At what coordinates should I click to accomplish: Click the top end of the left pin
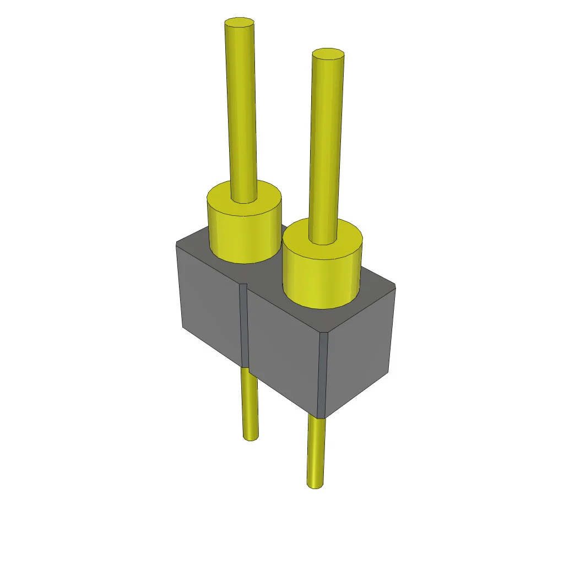[x=240, y=23]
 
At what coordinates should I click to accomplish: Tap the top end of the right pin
[x=328, y=53]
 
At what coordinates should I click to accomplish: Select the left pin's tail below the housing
[x=250, y=402]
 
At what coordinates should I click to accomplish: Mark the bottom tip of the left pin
[x=251, y=438]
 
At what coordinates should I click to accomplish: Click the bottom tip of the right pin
[x=314, y=485]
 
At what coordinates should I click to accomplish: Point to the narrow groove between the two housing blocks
[x=244, y=325]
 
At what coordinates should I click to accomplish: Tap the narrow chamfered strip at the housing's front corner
[x=323, y=375]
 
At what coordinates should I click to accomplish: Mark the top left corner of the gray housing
[x=177, y=242]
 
